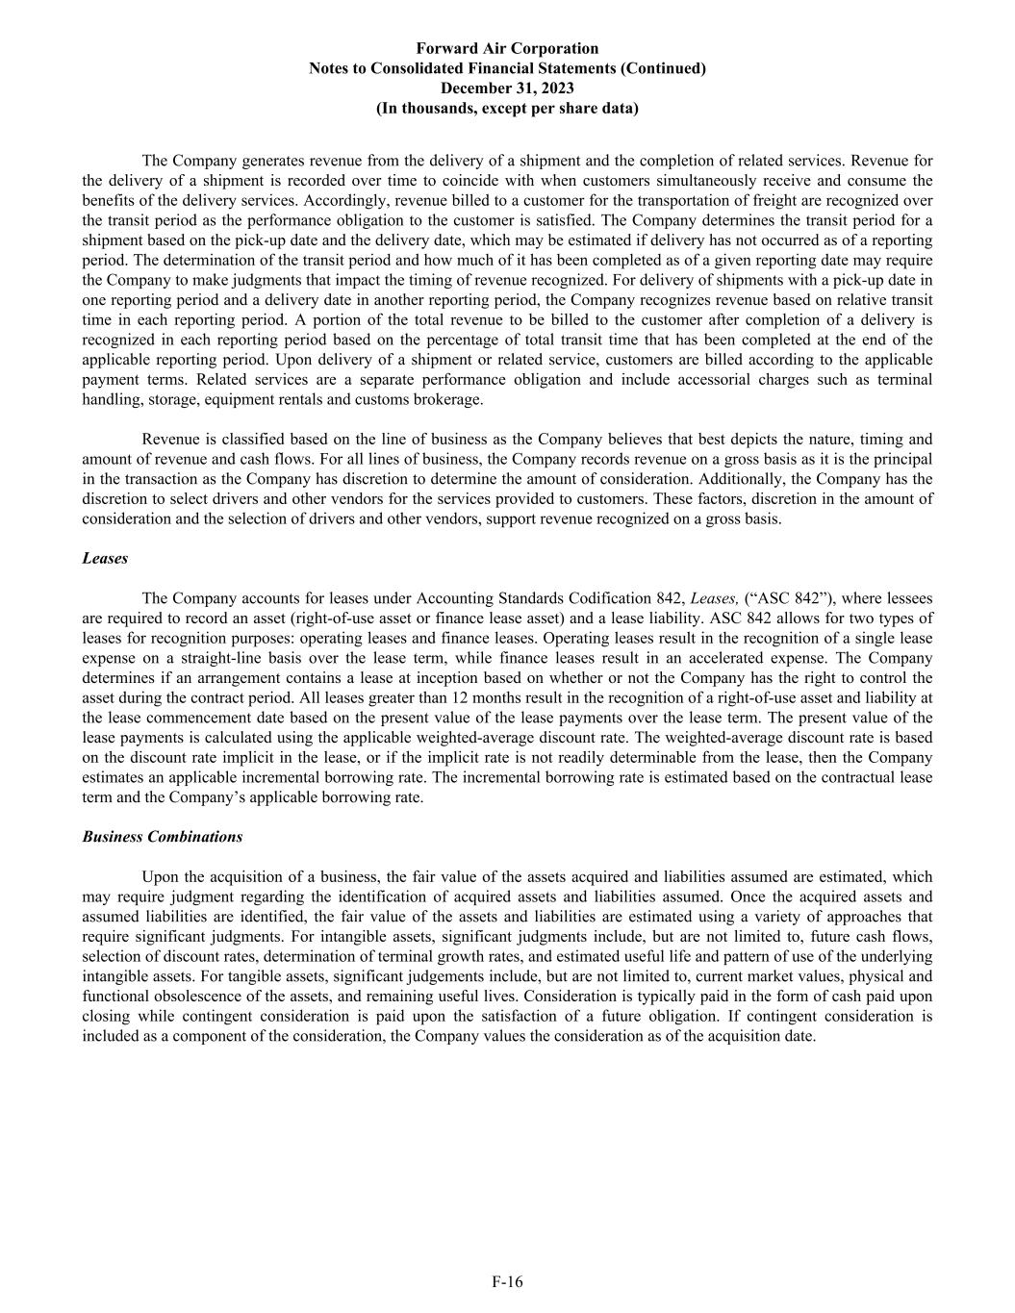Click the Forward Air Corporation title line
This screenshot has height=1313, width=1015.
pos(507,48)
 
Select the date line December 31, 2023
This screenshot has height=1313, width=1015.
pos(507,88)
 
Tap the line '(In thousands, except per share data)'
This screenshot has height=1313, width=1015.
pos(507,109)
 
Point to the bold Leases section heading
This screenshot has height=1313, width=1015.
pos(105,558)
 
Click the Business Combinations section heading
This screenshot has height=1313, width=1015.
pos(162,837)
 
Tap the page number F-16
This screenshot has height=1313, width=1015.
pos(507,1281)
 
